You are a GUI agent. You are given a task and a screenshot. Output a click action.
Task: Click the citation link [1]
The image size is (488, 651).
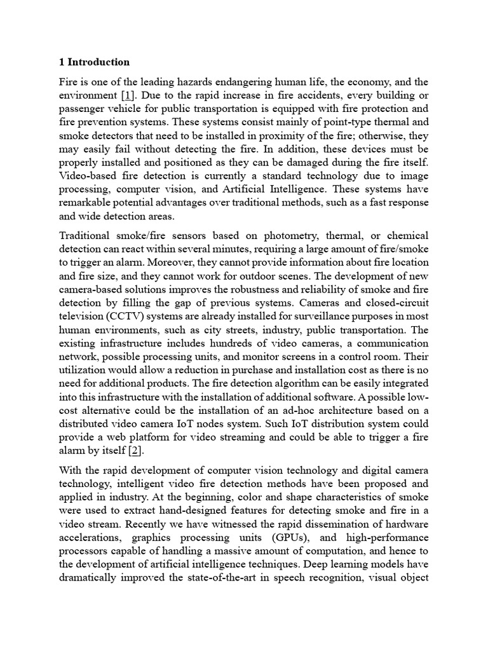tap(127, 95)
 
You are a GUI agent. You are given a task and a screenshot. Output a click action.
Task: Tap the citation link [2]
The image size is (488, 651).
tap(135, 451)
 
